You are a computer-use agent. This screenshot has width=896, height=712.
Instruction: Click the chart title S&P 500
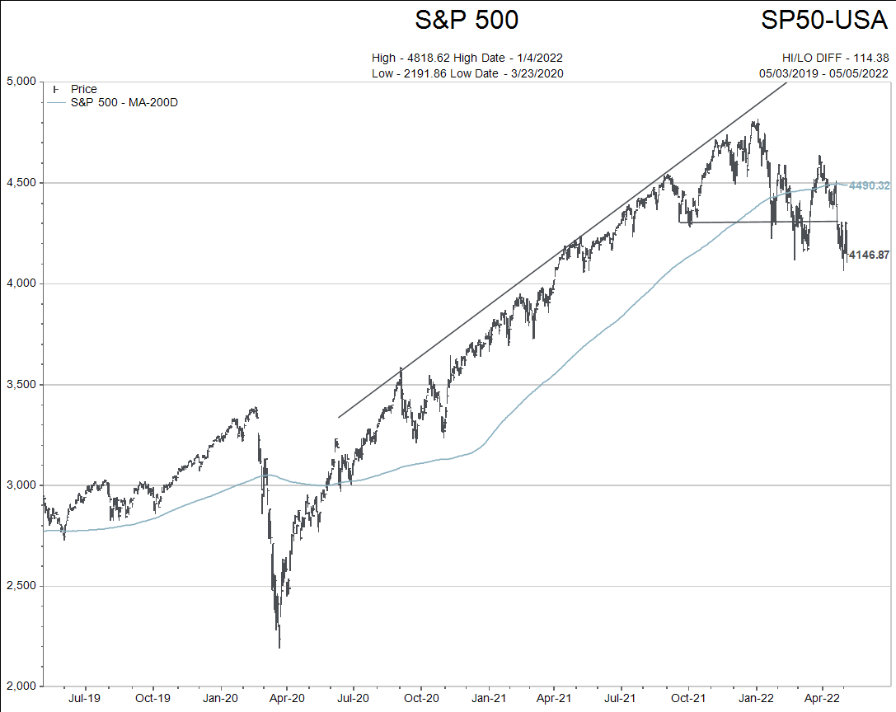coord(467,20)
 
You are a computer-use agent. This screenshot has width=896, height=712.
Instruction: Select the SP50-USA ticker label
coord(823,20)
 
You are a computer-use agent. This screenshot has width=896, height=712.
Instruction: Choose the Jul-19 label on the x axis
coord(85,698)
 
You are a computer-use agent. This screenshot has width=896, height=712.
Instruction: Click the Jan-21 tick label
coord(487,698)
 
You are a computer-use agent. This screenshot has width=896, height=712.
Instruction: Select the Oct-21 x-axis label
coord(688,698)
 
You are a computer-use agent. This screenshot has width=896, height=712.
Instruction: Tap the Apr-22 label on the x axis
coord(822,698)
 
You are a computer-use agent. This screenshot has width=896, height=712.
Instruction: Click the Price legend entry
coord(83,89)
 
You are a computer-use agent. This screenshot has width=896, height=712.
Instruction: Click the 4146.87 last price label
coord(869,255)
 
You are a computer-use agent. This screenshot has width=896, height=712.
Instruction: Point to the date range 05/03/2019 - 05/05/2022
coord(823,73)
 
